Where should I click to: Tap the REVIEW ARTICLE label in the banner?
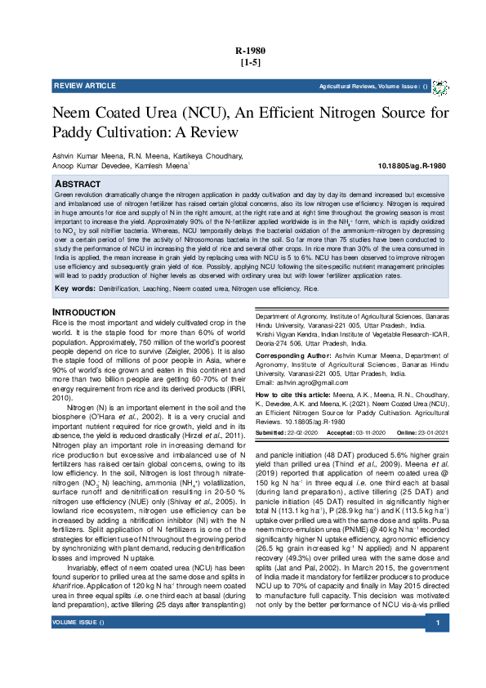point(85,86)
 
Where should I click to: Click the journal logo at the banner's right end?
point(440,87)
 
